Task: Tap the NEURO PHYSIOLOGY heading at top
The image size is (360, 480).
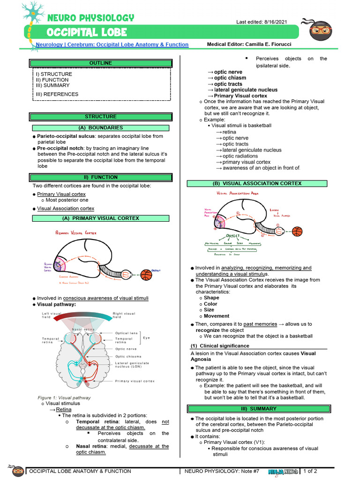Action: (x=90, y=18)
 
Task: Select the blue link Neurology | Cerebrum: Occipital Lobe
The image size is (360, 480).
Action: (x=112, y=45)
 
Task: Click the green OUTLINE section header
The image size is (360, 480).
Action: (x=101, y=63)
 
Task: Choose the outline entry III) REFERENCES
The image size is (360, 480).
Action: (x=57, y=94)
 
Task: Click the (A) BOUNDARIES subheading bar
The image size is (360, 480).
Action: (x=101, y=128)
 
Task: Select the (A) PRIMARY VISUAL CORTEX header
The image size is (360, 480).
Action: (x=101, y=218)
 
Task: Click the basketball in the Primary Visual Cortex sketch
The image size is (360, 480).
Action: (x=146, y=274)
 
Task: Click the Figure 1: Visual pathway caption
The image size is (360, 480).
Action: (x=64, y=397)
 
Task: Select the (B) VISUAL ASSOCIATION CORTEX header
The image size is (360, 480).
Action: (x=257, y=184)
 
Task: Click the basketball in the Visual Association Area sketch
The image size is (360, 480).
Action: (x=297, y=232)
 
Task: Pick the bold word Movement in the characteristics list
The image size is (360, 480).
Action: (x=217, y=316)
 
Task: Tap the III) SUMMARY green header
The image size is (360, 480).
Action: (x=257, y=409)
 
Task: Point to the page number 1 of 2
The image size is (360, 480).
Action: (x=310, y=471)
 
